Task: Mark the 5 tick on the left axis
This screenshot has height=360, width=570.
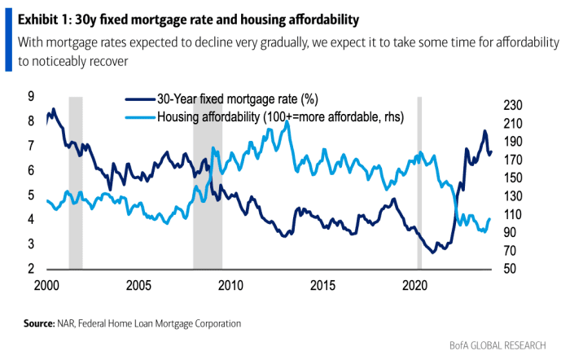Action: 31,195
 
